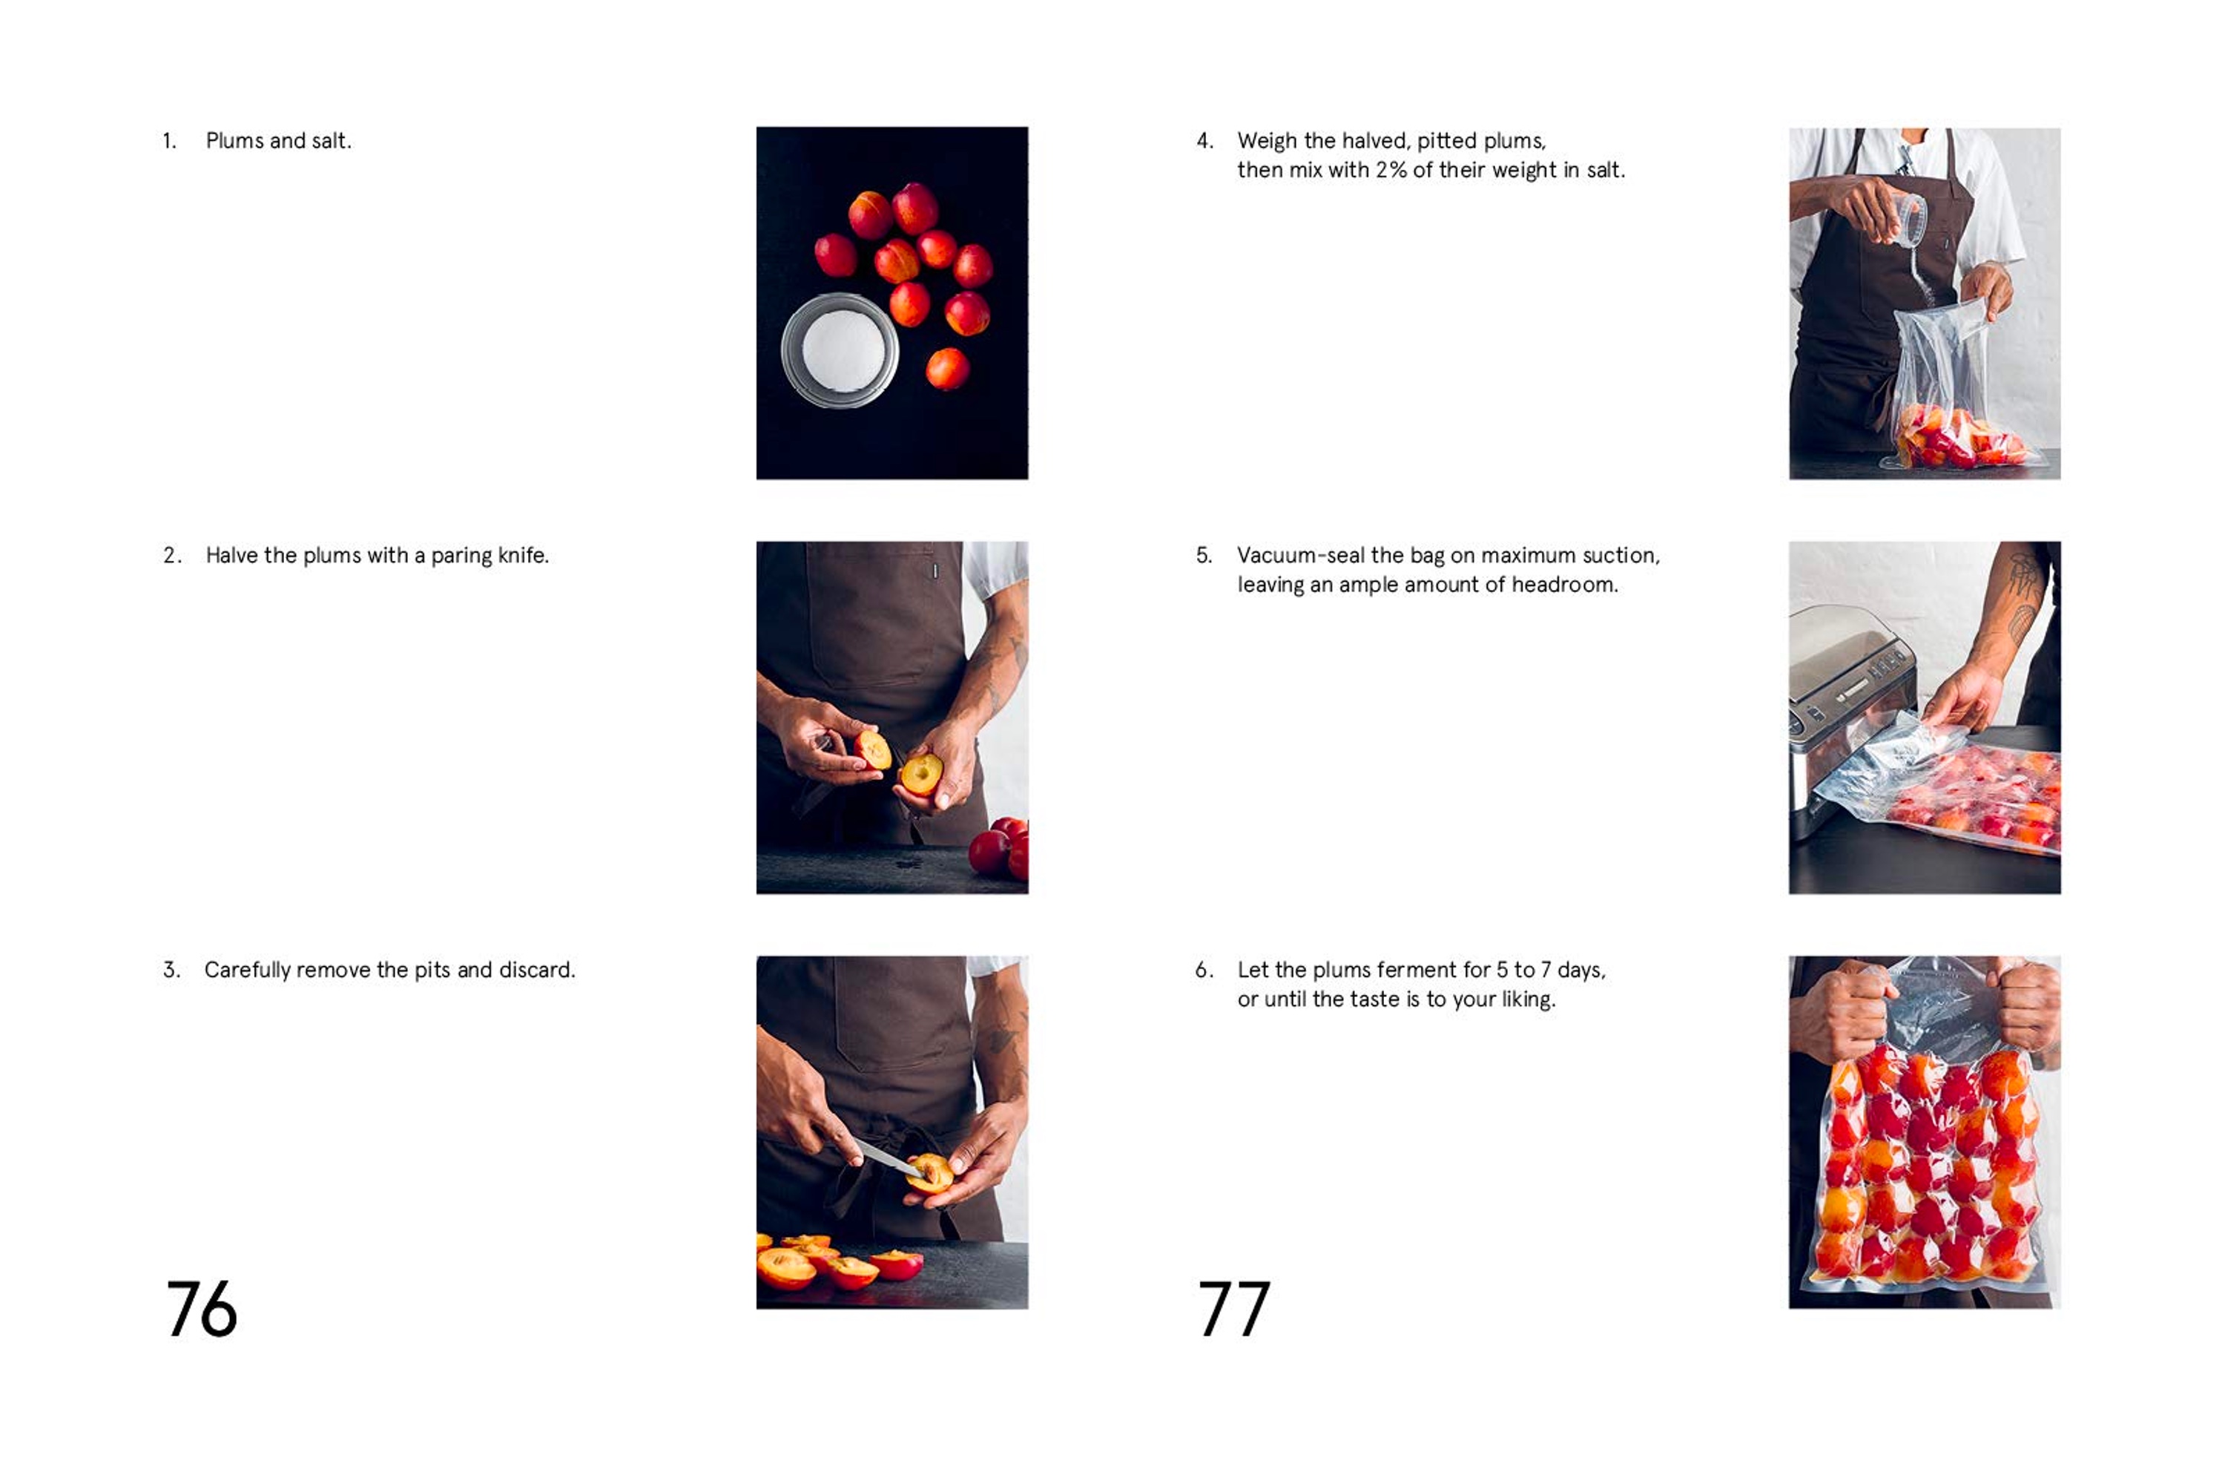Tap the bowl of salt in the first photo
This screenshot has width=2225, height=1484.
pyautogui.click(x=840, y=351)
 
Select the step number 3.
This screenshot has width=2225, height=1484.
pyautogui.click(x=171, y=970)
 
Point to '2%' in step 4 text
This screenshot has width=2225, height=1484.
pyautogui.click(x=1391, y=171)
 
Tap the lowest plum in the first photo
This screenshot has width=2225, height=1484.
pyautogui.click(x=947, y=369)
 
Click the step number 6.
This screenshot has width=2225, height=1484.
pyautogui.click(x=1202, y=970)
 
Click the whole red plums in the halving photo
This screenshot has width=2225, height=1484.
pyautogui.click(x=999, y=848)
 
